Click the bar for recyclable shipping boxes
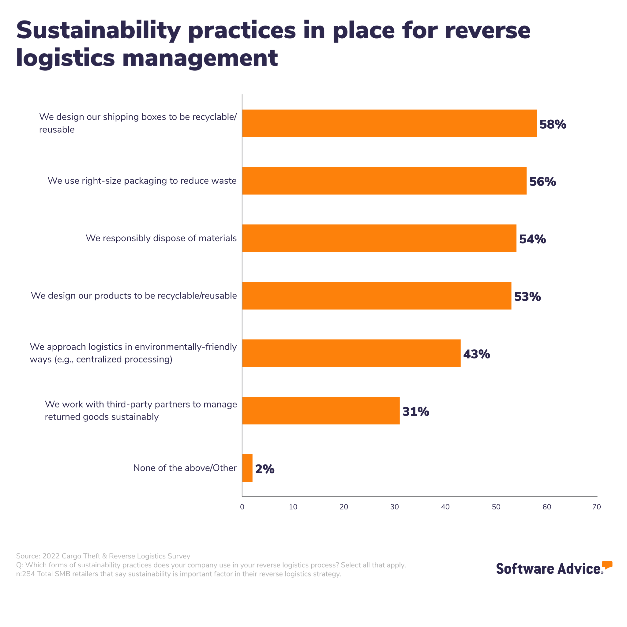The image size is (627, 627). tap(389, 123)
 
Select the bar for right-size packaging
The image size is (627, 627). tap(384, 181)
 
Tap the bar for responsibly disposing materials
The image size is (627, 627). tap(379, 238)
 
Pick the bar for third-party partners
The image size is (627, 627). tap(321, 411)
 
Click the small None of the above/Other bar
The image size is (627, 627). tap(247, 468)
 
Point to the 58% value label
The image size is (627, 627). tap(553, 124)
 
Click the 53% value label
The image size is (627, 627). tap(528, 297)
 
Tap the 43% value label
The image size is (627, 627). tap(476, 354)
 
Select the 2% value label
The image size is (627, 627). tap(265, 469)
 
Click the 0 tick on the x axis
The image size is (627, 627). tap(242, 507)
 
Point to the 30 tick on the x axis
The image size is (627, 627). tap(395, 507)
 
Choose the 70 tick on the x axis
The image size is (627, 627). tap(596, 507)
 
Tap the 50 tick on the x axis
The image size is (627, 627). tap(496, 507)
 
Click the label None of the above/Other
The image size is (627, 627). tap(185, 468)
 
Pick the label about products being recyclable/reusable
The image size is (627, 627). tap(134, 296)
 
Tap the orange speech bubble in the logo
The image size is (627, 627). tap(607, 565)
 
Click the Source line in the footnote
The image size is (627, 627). tap(103, 556)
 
